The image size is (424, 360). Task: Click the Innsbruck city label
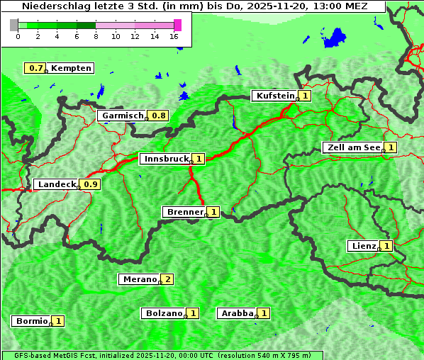click(x=164, y=159)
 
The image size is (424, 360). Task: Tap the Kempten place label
click(x=71, y=68)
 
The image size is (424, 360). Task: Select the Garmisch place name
click(x=122, y=116)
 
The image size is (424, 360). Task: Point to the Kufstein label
click(x=274, y=96)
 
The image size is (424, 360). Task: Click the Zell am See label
click(x=352, y=147)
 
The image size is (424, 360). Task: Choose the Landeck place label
click(x=56, y=184)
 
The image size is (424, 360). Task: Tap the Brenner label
click(x=184, y=212)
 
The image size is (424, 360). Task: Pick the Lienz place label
click(x=362, y=246)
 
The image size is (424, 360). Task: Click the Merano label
click(x=139, y=279)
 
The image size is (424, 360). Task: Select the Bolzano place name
click(x=163, y=313)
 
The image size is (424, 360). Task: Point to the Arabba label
click(x=237, y=313)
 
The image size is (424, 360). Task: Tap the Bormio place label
click(x=30, y=321)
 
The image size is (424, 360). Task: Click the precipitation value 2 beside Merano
click(x=168, y=279)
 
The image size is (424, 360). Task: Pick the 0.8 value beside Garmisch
click(x=158, y=116)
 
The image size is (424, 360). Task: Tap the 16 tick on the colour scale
click(x=174, y=36)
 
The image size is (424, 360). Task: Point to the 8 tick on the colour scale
click(x=96, y=36)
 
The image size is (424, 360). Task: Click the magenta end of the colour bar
click(x=177, y=25)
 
